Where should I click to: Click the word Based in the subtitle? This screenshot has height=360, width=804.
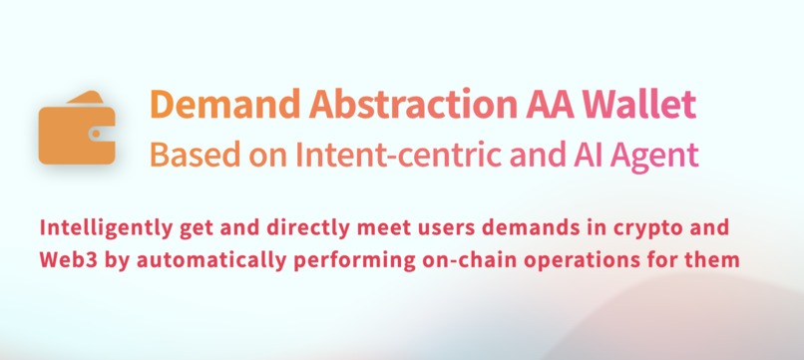click(x=187, y=156)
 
